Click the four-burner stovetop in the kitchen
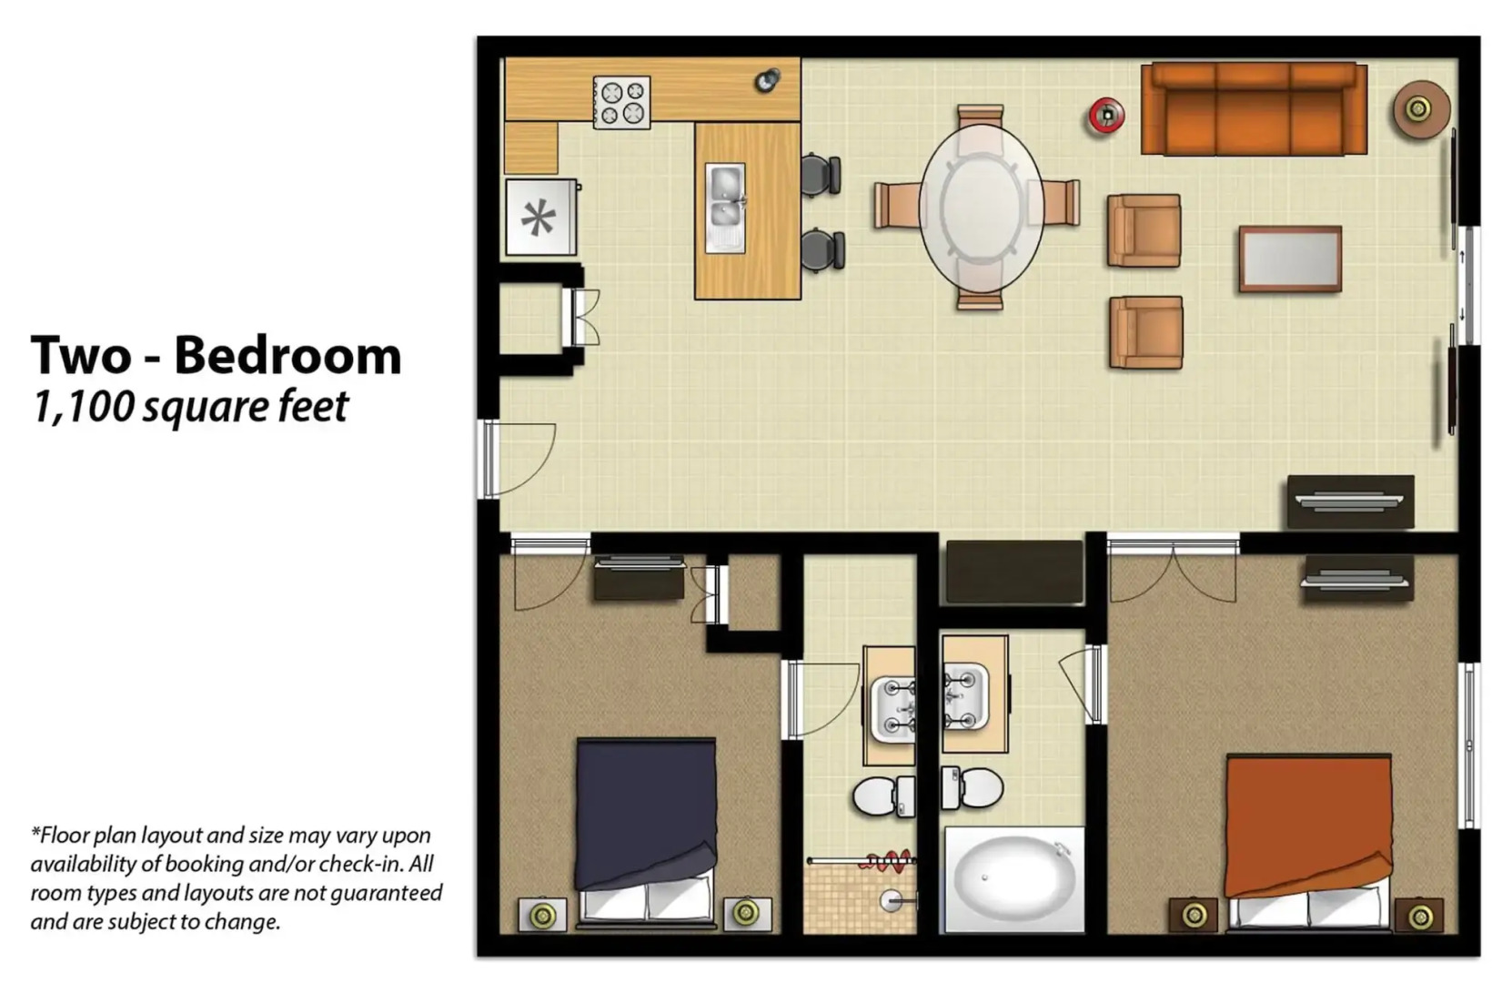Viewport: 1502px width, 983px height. coord(621,102)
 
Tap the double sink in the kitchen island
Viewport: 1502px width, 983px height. coord(725,208)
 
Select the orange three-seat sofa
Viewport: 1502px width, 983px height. coord(1254,109)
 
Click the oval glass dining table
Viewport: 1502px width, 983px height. coord(980,207)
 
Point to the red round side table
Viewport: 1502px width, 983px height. coord(1106,116)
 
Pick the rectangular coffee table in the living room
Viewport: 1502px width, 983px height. coord(1289,259)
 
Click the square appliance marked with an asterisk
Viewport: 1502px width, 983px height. coord(540,218)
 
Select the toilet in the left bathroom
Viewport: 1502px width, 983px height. coord(879,796)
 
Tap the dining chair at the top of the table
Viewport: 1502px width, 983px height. coord(980,117)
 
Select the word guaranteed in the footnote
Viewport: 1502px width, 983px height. coord(386,892)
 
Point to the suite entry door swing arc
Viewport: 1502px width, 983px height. coord(525,460)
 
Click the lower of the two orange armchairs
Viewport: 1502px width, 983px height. coord(1144,332)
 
